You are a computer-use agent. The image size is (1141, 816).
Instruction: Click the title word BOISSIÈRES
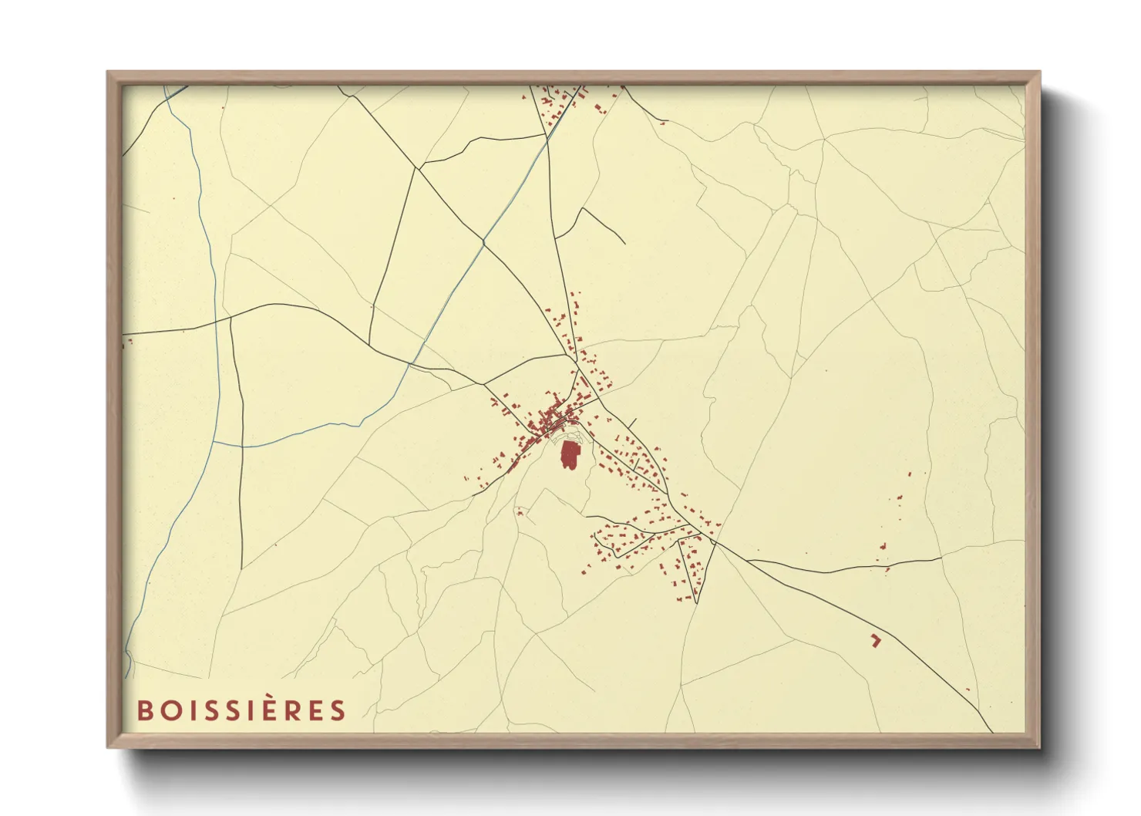tap(242, 710)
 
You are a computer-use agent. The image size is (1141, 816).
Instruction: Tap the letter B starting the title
tap(144, 710)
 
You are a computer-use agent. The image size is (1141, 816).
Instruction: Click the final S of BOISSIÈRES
tap(338, 710)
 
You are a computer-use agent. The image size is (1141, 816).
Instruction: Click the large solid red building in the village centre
tap(569, 455)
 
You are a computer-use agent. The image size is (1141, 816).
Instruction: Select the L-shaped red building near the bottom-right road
tap(875, 639)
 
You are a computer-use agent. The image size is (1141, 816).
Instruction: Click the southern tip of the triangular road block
tap(695, 602)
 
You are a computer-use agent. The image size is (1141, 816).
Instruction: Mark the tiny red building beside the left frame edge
tap(129, 340)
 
